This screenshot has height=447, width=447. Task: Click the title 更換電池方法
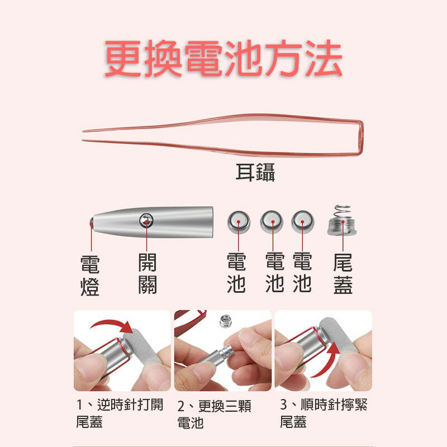(223, 58)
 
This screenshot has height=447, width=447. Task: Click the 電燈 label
(90, 275)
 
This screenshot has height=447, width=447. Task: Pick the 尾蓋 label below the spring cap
(343, 274)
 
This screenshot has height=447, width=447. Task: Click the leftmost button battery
(239, 222)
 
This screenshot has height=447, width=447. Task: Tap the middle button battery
(272, 222)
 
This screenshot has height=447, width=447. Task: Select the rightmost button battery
(302, 222)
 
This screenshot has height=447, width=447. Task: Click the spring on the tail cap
(342, 212)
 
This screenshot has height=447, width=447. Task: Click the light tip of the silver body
(91, 223)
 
